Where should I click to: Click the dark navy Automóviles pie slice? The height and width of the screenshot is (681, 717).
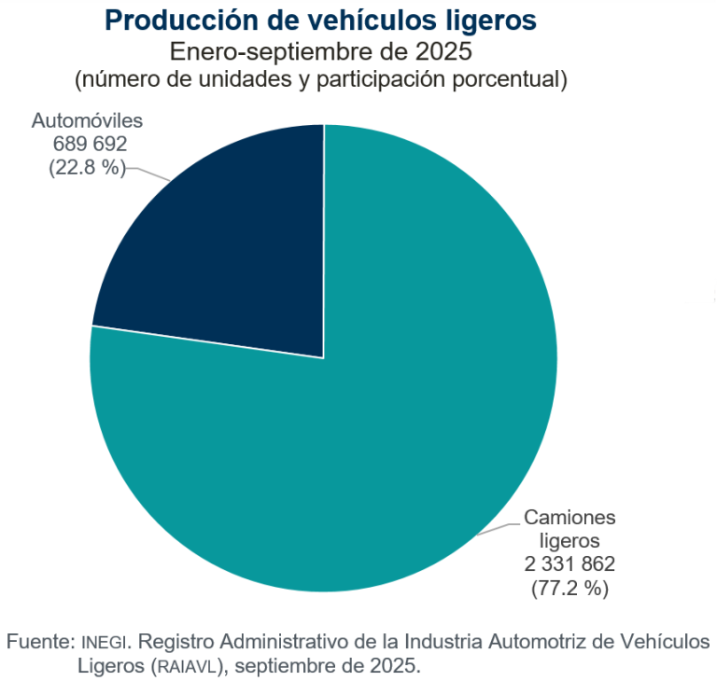pyautogui.click(x=224, y=252)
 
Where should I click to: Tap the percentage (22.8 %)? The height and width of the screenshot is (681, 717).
pyautogui.click(x=87, y=168)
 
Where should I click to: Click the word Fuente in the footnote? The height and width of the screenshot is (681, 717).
pyautogui.click(x=38, y=643)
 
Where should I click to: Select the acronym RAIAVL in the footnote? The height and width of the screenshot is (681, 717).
pyautogui.click(x=187, y=667)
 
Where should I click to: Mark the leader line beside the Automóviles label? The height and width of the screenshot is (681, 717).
pyautogui.click(x=149, y=174)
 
